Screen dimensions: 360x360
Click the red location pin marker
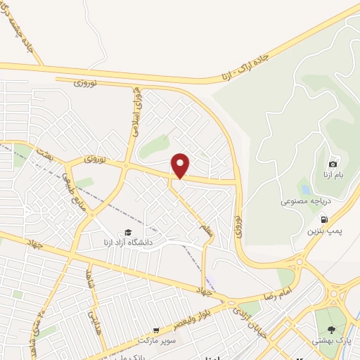tap(181, 165)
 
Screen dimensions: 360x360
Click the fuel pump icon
tap(324, 219)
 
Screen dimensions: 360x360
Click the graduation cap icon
tap(128, 233)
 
